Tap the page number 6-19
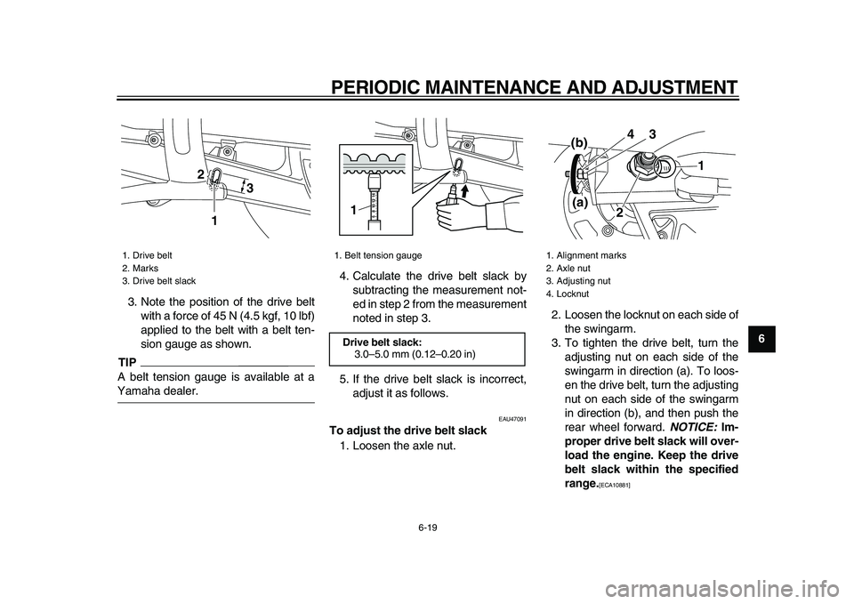pos(427,527)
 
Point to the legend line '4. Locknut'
pos(567,293)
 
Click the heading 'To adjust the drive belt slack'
pos(408,431)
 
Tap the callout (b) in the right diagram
pos(581,142)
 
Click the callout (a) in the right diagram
pos(582,202)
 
